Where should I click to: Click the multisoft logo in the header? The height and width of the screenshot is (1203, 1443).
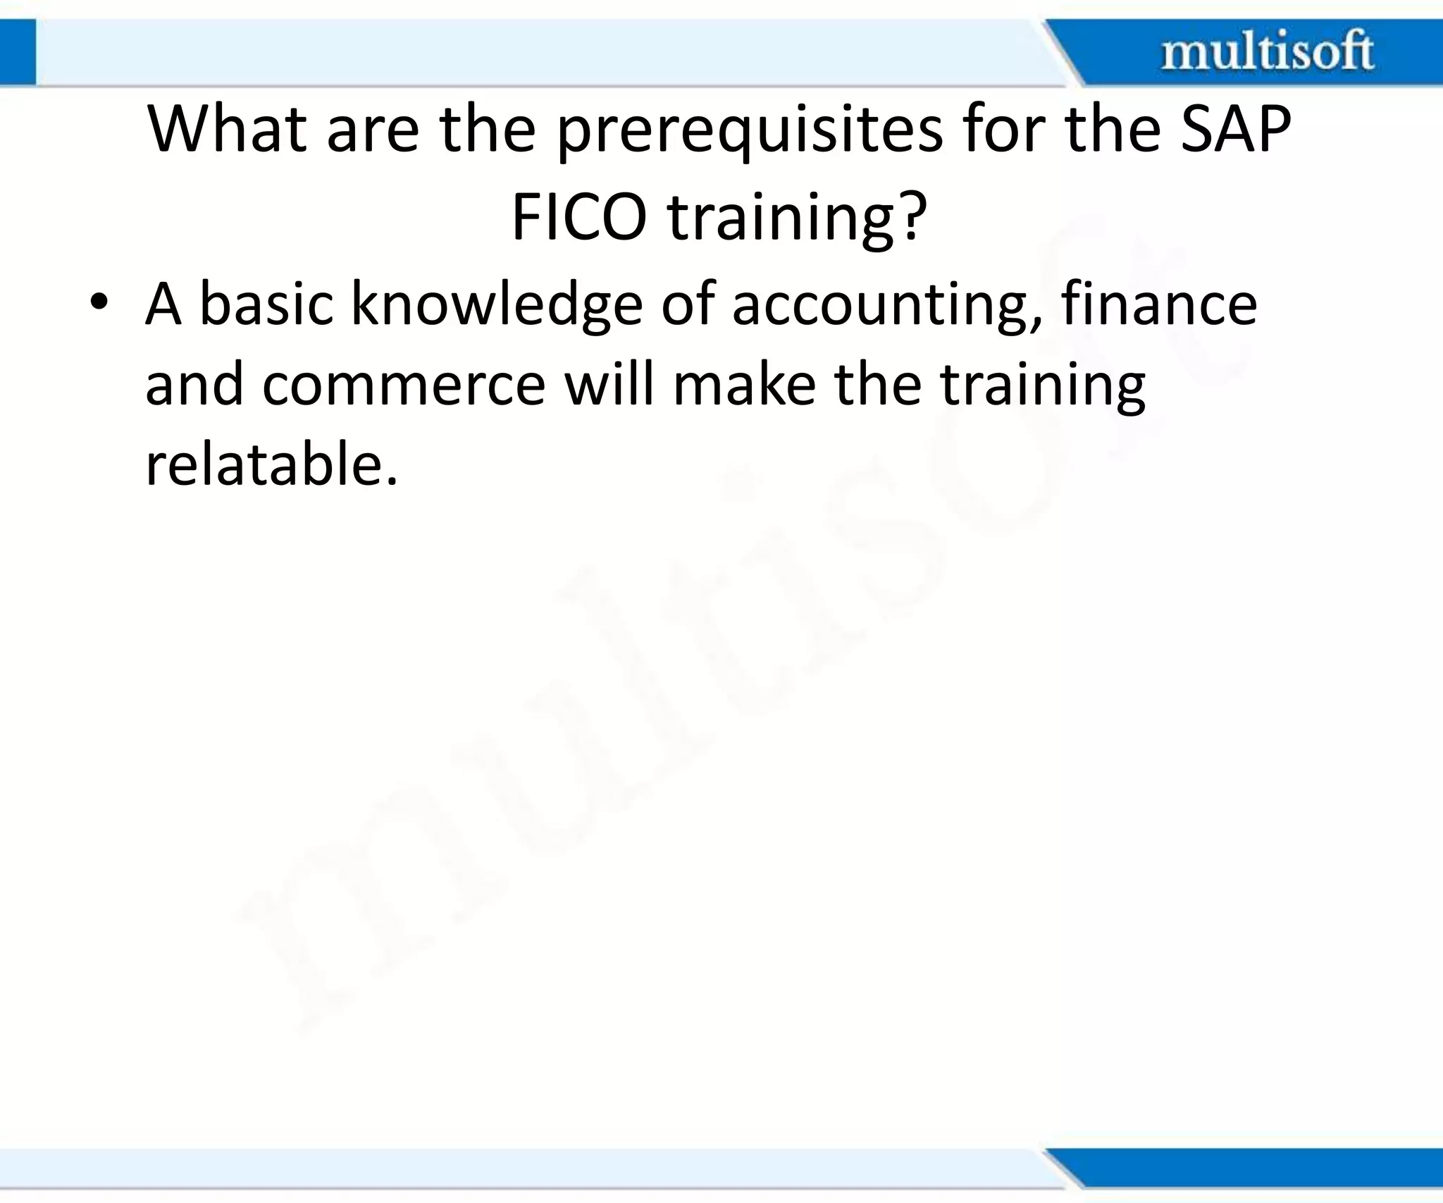1267,51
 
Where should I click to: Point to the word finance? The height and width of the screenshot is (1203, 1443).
1159,304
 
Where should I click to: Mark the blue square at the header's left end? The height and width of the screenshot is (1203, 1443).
18,52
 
